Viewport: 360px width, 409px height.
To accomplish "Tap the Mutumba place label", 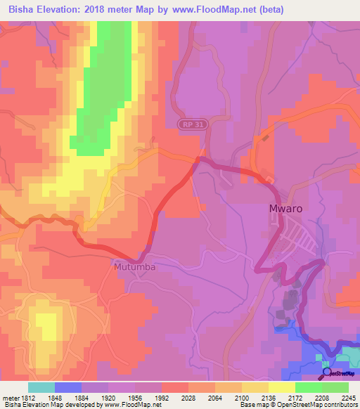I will [134, 268].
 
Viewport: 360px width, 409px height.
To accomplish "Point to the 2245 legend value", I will [349, 397].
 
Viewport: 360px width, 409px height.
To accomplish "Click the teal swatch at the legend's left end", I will [41, 387].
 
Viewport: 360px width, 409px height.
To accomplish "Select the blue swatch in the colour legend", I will [67, 387].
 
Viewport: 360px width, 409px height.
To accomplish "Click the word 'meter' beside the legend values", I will [11, 397].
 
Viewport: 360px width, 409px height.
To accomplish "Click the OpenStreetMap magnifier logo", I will [328, 372].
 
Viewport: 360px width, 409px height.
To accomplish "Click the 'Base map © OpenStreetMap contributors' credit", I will [298, 405].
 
